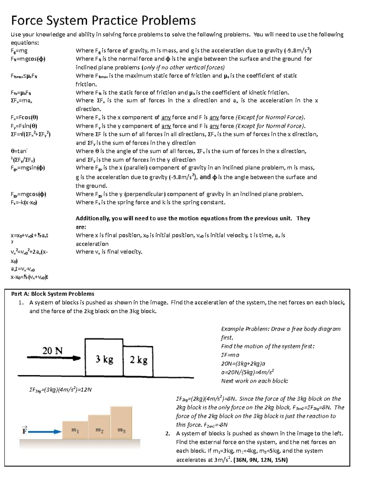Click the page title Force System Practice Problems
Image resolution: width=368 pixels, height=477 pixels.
[103, 21]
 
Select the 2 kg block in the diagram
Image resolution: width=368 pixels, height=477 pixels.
[138, 360]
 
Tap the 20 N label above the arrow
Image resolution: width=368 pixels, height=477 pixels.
[52, 350]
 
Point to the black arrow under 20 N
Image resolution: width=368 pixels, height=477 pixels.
[54, 358]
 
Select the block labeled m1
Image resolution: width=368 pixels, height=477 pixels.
[75, 430]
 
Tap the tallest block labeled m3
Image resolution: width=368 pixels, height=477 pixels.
[121, 423]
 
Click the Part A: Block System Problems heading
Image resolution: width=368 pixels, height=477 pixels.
[53, 294]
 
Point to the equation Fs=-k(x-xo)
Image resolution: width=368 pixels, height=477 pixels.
[24, 202]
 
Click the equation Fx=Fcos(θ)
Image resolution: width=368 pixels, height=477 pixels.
[24, 117]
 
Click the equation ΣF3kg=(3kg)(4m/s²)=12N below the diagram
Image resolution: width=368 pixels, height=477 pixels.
[60, 390]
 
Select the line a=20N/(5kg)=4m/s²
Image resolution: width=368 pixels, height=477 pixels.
[247, 372]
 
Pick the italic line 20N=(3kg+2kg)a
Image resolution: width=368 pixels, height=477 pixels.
[243, 363]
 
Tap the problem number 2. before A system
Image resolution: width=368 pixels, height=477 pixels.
[167, 434]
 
